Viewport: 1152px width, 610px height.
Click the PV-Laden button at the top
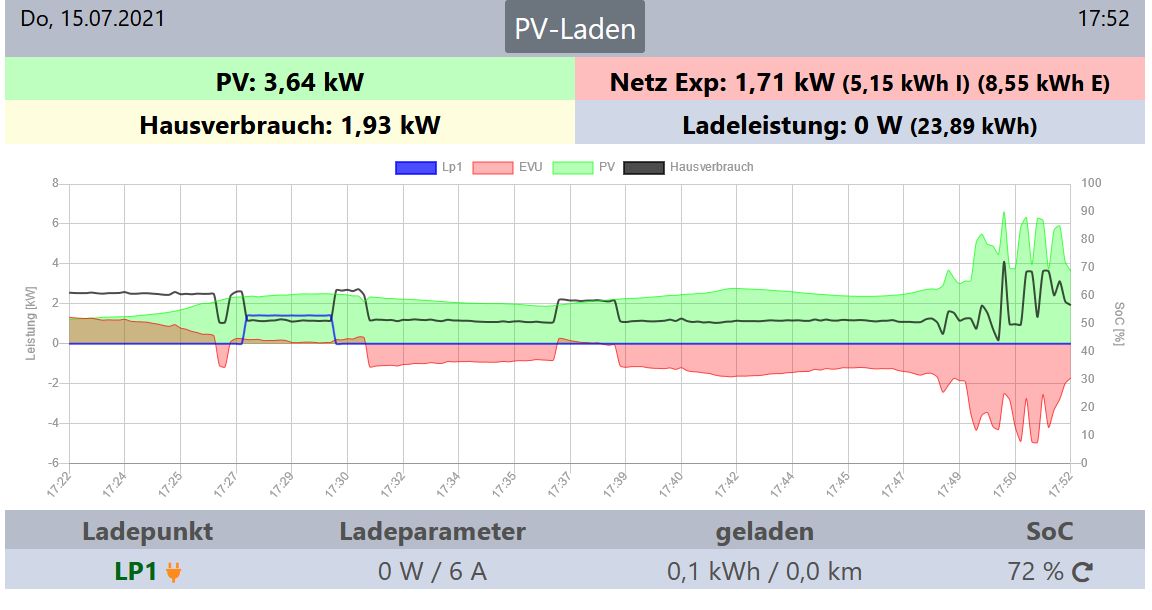(575, 28)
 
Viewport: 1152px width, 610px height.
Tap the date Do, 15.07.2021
(93, 18)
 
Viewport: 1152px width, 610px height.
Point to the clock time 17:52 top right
(1103, 18)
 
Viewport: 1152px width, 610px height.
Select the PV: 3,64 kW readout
(290, 81)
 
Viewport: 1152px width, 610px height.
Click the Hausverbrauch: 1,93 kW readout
(290, 125)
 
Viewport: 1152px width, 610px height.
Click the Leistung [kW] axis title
(31, 322)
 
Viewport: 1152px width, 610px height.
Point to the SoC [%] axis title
(1120, 322)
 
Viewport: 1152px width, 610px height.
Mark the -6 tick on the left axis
(54, 463)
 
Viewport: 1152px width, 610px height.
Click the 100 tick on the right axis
(1091, 183)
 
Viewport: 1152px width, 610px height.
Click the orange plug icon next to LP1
(174, 572)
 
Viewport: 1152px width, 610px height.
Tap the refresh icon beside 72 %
(1083, 572)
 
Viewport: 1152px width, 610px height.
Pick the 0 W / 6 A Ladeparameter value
(432, 572)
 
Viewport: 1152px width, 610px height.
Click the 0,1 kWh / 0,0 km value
(764, 572)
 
